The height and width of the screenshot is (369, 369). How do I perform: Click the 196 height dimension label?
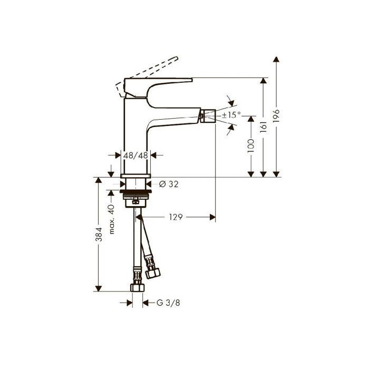(x=277, y=115)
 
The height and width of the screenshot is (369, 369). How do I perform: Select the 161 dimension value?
(x=264, y=127)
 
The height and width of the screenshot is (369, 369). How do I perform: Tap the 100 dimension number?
(x=251, y=145)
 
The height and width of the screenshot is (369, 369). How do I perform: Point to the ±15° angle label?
(x=231, y=115)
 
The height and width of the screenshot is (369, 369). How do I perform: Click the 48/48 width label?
(x=136, y=156)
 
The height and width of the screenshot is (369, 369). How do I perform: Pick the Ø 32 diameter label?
(x=169, y=184)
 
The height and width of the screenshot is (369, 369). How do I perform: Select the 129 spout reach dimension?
(x=176, y=217)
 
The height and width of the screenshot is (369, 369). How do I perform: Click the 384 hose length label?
(x=99, y=234)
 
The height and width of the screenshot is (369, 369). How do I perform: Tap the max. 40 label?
(x=111, y=219)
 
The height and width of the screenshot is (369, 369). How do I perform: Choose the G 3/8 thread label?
(x=168, y=303)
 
